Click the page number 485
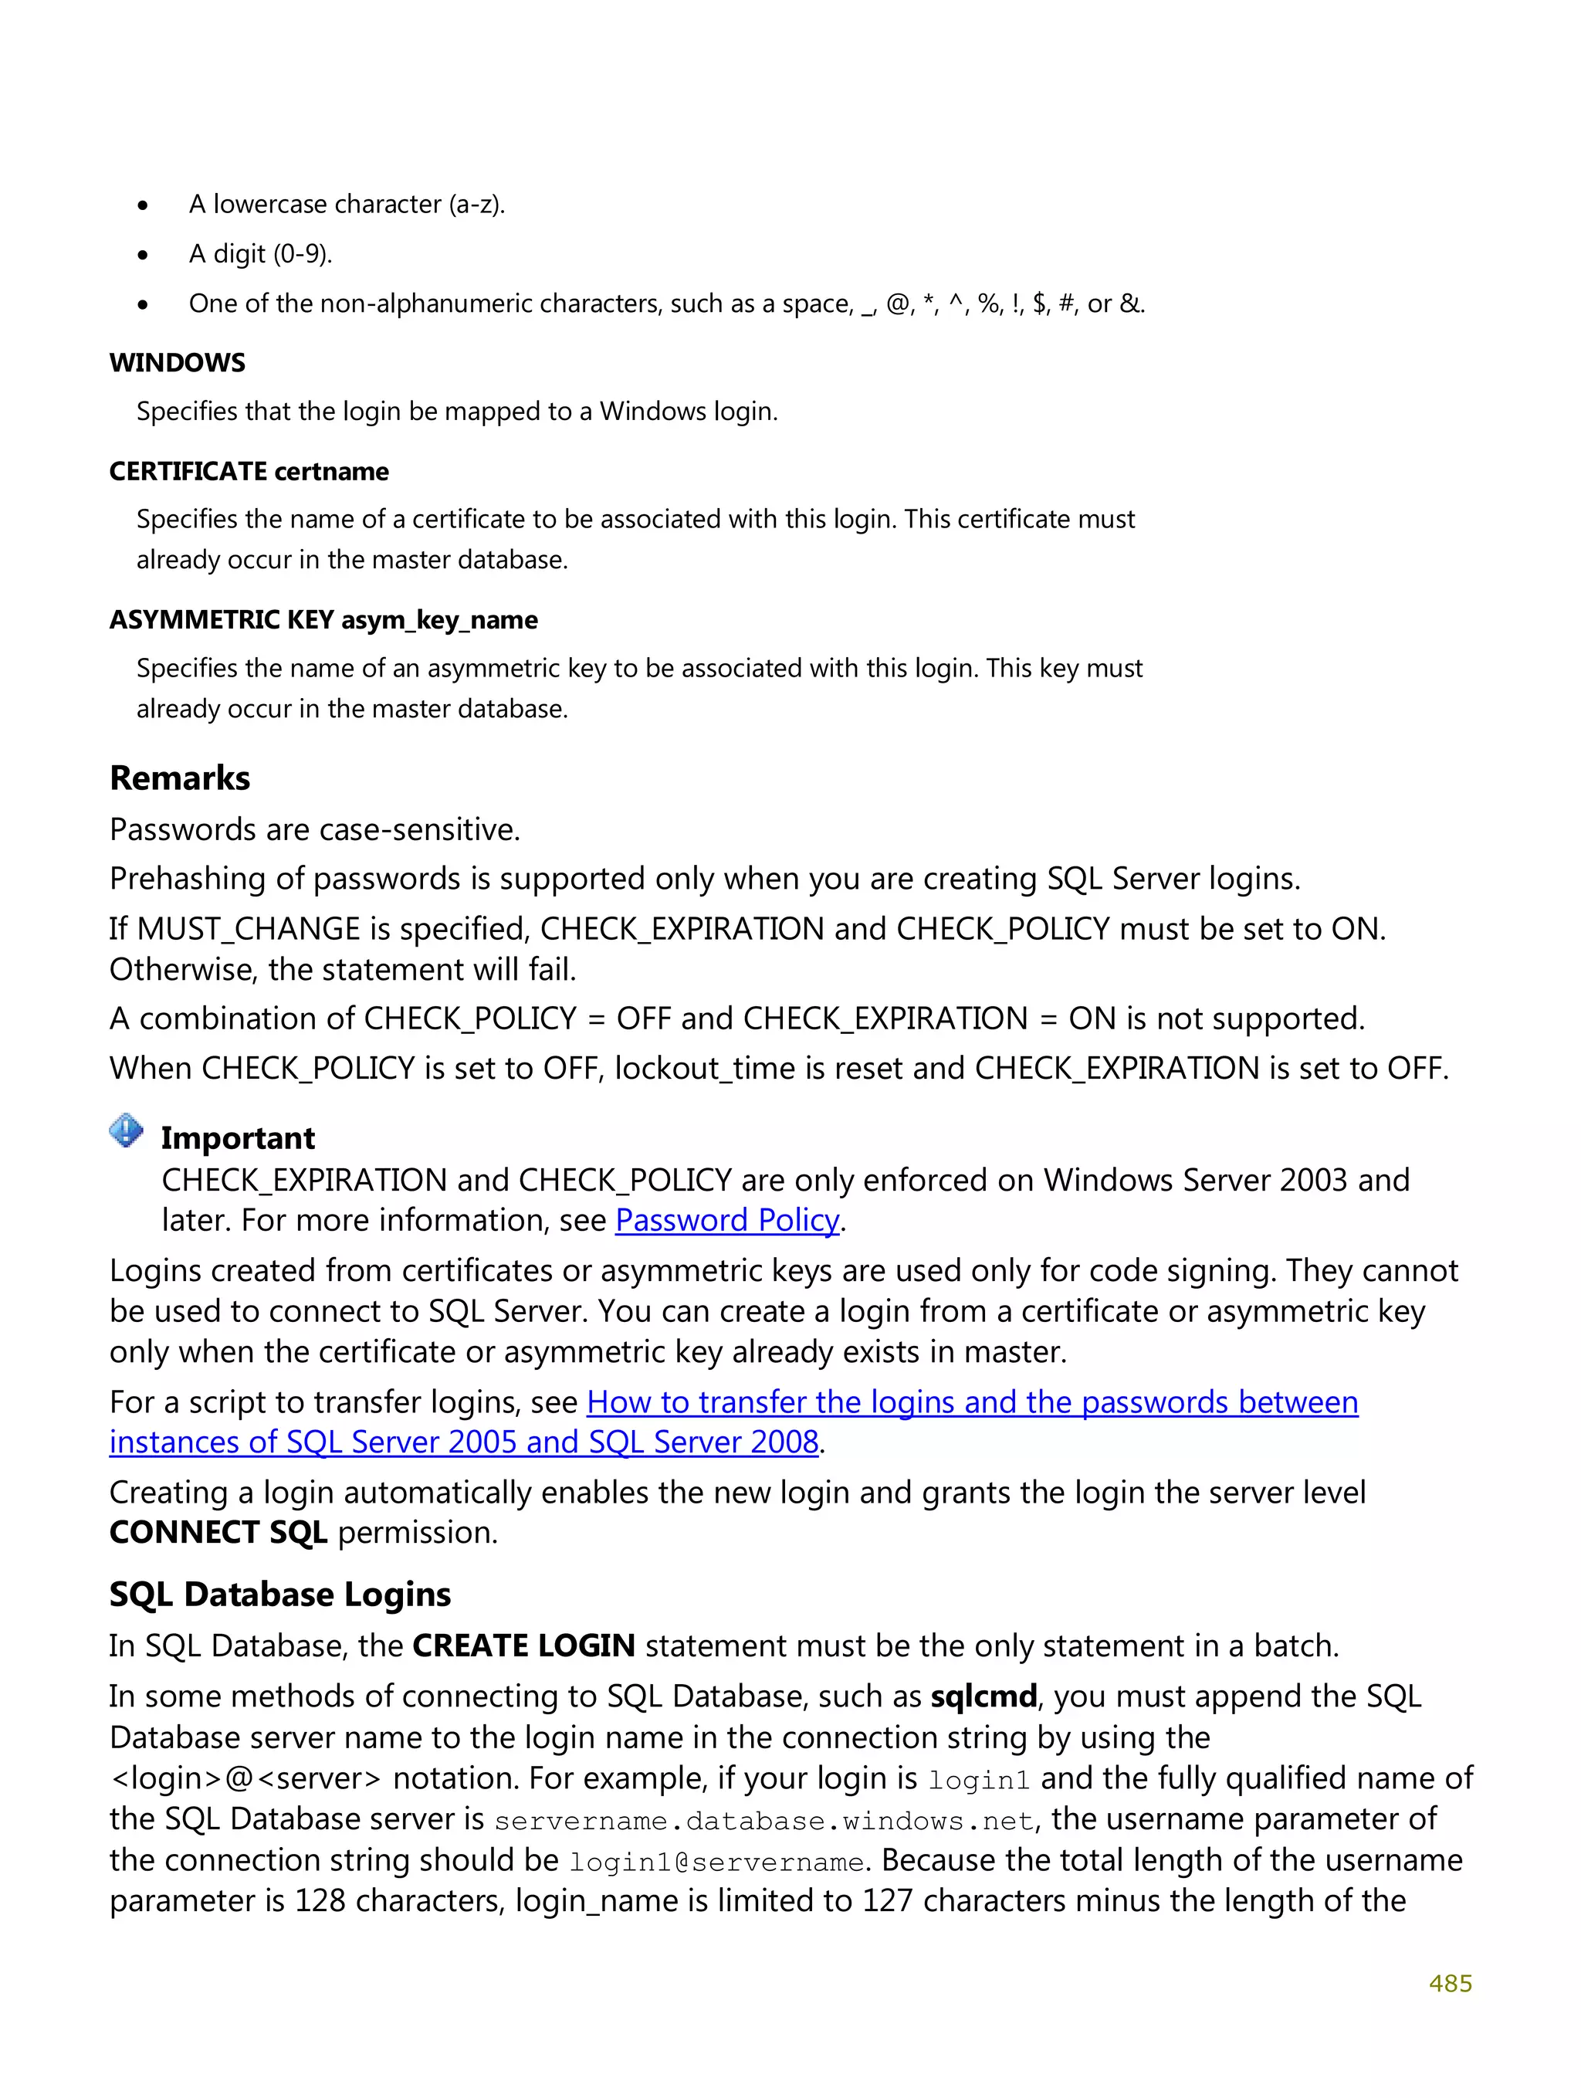(x=1449, y=1982)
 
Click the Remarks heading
(x=179, y=778)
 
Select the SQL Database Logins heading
(x=279, y=1595)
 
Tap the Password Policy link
(x=726, y=1220)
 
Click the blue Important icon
(x=126, y=1130)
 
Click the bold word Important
(x=237, y=1137)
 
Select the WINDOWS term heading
(x=178, y=362)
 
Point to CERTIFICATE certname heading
(x=249, y=471)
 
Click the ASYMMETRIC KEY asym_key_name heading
(x=323, y=619)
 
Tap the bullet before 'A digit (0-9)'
(x=144, y=255)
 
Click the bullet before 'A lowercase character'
(x=144, y=205)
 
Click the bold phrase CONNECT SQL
(x=218, y=1533)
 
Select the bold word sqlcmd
(x=983, y=1696)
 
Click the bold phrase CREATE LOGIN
(x=523, y=1646)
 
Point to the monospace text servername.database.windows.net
(x=763, y=1821)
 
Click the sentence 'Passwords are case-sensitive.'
(x=315, y=830)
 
